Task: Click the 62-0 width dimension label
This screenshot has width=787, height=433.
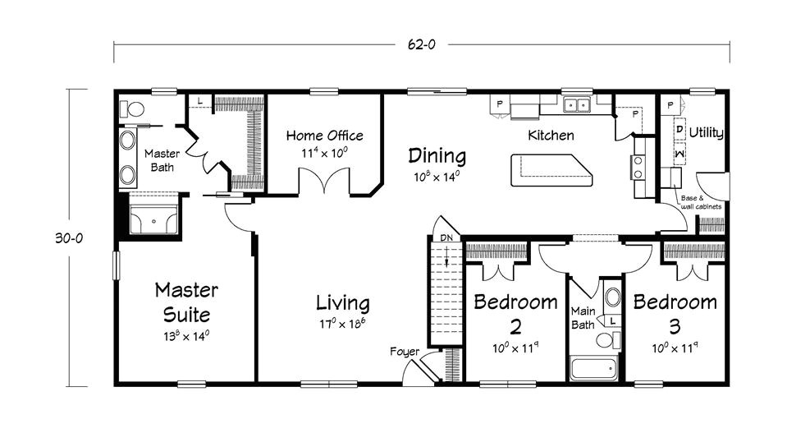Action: point(422,44)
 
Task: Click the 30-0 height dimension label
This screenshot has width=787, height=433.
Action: point(69,238)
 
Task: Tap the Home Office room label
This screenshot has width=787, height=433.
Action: point(325,136)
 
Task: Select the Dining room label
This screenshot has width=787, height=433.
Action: point(437,156)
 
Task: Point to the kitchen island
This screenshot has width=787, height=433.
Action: point(551,170)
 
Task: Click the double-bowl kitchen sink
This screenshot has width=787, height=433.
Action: point(576,105)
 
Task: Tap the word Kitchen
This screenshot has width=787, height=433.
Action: point(551,135)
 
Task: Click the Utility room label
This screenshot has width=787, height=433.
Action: point(707,132)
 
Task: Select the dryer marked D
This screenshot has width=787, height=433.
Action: point(679,129)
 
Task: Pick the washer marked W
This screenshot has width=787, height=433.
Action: point(679,153)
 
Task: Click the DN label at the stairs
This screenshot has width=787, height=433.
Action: point(446,237)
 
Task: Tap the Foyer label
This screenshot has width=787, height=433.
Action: point(405,352)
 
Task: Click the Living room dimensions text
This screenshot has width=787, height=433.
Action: point(342,324)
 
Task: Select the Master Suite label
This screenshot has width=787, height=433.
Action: point(186,302)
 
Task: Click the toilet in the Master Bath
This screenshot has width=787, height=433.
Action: point(132,108)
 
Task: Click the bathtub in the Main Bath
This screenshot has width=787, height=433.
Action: point(594,369)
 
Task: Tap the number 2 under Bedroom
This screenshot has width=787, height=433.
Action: point(515,326)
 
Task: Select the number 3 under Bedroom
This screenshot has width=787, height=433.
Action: point(675,326)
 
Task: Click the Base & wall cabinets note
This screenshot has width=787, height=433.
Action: point(701,202)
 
